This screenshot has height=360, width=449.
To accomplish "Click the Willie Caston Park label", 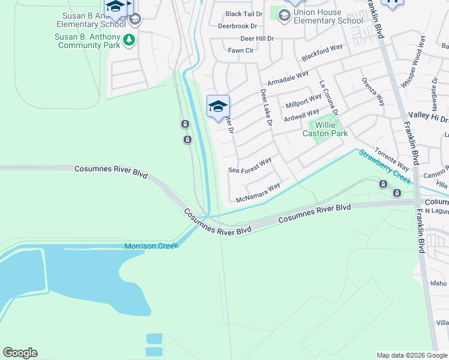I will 325,129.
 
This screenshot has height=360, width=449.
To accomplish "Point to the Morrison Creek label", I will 151,246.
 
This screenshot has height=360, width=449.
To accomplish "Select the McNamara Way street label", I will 258,193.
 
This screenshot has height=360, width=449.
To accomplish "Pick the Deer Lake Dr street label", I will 267,109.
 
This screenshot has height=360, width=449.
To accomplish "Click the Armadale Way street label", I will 288,77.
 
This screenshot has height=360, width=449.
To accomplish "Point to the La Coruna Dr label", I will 329,98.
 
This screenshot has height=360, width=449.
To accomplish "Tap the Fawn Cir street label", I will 241,51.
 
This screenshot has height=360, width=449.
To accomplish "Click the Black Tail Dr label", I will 244,14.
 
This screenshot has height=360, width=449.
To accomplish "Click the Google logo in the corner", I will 20,353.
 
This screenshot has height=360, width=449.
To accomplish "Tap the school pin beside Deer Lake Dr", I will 218,107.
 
